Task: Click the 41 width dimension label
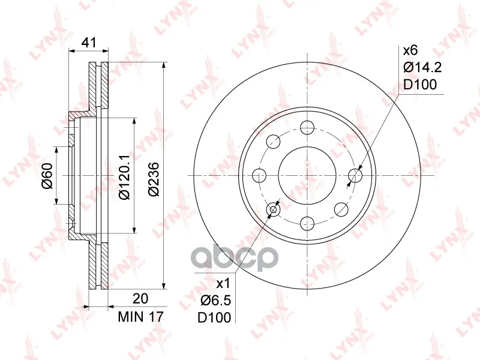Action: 89,42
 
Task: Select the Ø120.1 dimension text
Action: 125,177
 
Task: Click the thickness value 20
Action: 140,298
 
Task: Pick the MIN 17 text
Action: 141,317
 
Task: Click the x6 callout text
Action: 410,50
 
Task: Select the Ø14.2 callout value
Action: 422,68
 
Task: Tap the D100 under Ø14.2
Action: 419,85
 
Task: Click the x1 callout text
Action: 223,284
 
